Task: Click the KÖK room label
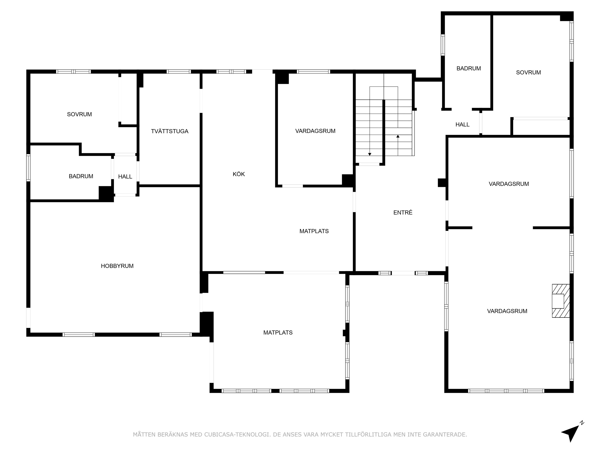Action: pyautogui.click(x=239, y=174)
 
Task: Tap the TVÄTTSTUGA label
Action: pyautogui.click(x=169, y=131)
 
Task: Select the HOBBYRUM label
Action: pyautogui.click(x=117, y=266)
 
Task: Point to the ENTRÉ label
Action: pyautogui.click(x=403, y=212)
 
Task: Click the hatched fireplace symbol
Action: pyautogui.click(x=561, y=300)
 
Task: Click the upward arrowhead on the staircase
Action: pyautogui.click(x=398, y=136)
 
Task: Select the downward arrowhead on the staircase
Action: pyautogui.click(x=370, y=154)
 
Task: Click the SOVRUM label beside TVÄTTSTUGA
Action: pyautogui.click(x=79, y=114)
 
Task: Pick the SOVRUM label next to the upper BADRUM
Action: pyautogui.click(x=528, y=72)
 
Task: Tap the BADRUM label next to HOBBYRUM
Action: pyautogui.click(x=81, y=176)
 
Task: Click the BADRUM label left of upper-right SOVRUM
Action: pyautogui.click(x=469, y=69)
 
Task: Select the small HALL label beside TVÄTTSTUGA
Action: pyautogui.click(x=125, y=177)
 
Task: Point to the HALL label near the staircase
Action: pyautogui.click(x=462, y=125)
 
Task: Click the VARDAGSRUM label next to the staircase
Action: pyautogui.click(x=315, y=131)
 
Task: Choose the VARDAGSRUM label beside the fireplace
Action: pyautogui.click(x=507, y=311)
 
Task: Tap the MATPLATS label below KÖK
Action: pyautogui.click(x=314, y=231)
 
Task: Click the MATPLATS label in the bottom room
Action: pyautogui.click(x=278, y=333)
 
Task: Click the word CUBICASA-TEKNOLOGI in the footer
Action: pyautogui.click(x=237, y=435)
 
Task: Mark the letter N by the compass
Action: pyautogui.click(x=582, y=423)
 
